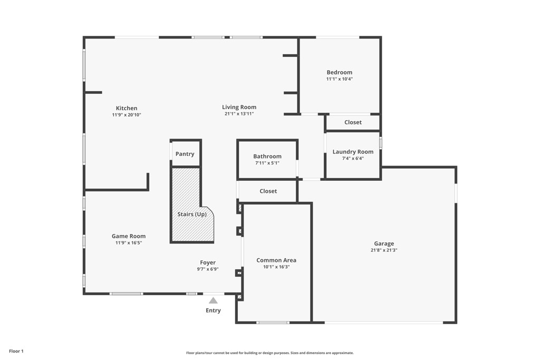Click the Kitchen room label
127,108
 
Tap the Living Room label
239,107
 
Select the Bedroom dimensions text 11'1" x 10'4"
339,79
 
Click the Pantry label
185,154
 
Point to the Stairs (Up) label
192,214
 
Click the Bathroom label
267,156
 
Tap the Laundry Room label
353,152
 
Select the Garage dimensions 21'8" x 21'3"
383,250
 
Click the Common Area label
276,260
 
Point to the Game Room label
128,236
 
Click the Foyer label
207,262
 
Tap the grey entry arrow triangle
213,300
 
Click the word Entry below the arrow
213,310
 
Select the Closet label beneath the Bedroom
353,122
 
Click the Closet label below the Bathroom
268,191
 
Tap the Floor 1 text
16,351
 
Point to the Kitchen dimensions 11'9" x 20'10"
127,115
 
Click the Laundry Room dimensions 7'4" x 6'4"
353,158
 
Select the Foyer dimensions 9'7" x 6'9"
207,269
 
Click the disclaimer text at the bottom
269,353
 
